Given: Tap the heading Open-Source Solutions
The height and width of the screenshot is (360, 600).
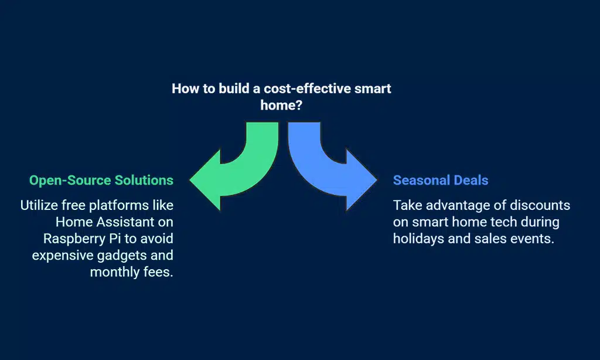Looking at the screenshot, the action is (101, 181).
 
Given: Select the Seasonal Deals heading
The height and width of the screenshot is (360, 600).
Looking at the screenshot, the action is (441, 181).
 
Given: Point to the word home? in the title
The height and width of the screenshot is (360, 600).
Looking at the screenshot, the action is (281, 106).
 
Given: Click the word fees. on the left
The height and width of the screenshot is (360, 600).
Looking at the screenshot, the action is (158, 272).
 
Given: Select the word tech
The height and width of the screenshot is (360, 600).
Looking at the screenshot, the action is (504, 222).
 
